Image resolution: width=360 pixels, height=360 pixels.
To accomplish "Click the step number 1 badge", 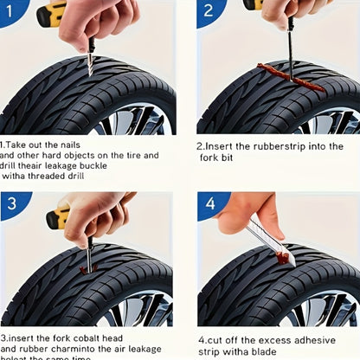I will point(12,12).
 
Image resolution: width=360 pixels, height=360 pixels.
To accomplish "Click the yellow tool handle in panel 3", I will point(59,215).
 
